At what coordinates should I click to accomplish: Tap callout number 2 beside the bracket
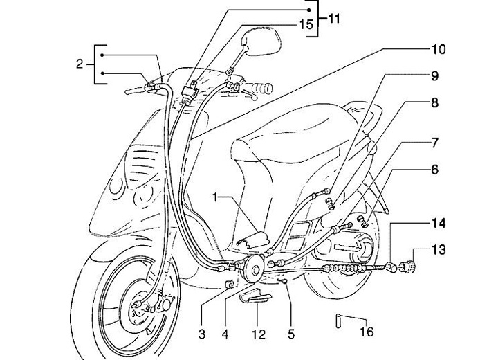click(80, 64)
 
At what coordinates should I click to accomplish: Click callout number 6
click(434, 168)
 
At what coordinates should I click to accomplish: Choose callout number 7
click(434, 143)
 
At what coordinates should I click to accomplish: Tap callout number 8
click(434, 102)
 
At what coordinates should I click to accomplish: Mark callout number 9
click(434, 75)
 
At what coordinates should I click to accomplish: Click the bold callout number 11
click(334, 18)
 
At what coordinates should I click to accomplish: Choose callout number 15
click(305, 24)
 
